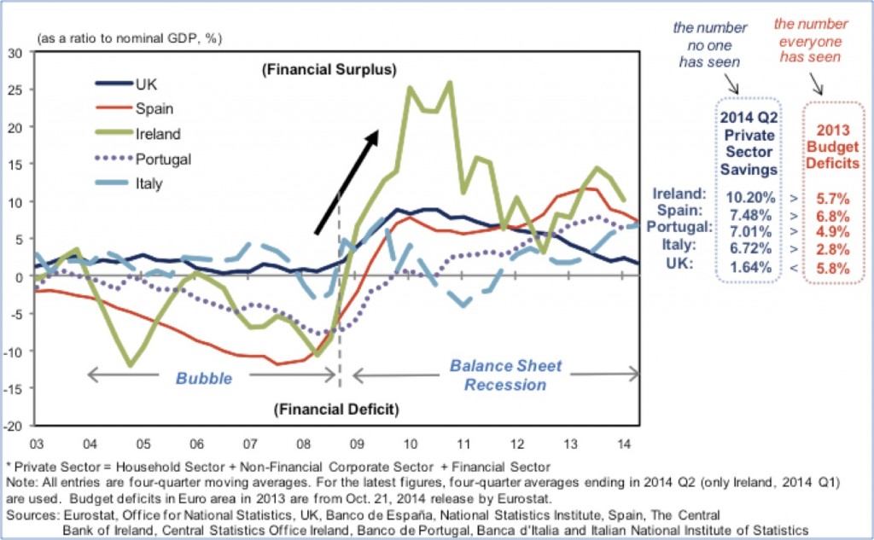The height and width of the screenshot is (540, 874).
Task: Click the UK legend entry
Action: pyautogui.click(x=146, y=84)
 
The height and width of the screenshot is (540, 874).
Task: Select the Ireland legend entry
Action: pyautogui.click(x=156, y=133)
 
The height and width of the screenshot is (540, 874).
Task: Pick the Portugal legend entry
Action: pyautogui.click(x=162, y=159)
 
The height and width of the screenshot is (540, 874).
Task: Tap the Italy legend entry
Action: pyautogui.click(x=148, y=183)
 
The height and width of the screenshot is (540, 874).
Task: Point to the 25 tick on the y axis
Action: pyautogui.click(x=15, y=90)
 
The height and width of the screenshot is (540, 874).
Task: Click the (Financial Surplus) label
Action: pyautogui.click(x=329, y=68)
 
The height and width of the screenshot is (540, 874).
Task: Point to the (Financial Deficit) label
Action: pyautogui.click(x=336, y=409)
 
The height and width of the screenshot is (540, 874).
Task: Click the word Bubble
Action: pyautogui.click(x=204, y=378)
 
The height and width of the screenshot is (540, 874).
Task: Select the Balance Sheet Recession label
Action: pyautogui.click(x=505, y=375)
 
